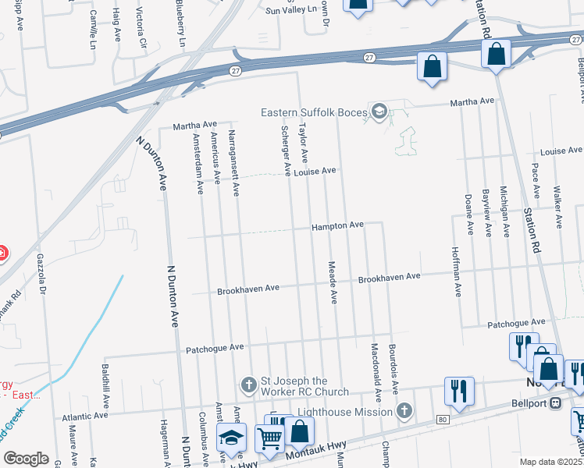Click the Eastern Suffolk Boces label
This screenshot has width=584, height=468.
(x=313, y=112)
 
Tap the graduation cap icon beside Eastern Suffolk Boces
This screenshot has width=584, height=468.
(x=379, y=112)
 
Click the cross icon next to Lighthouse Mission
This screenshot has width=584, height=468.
(x=404, y=411)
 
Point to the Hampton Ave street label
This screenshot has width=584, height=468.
(x=338, y=225)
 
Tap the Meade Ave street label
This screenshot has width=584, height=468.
(x=333, y=282)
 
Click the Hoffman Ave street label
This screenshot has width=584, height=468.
(x=456, y=272)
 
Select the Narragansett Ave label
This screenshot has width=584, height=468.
(x=232, y=157)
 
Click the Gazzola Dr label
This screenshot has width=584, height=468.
(x=44, y=276)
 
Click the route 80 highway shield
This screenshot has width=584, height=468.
(x=442, y=420)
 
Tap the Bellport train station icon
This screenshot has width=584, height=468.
(x=556, y=403)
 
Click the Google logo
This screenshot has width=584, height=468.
(x=25, y=459)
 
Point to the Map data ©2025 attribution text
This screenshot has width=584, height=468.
(x=550, y=462)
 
